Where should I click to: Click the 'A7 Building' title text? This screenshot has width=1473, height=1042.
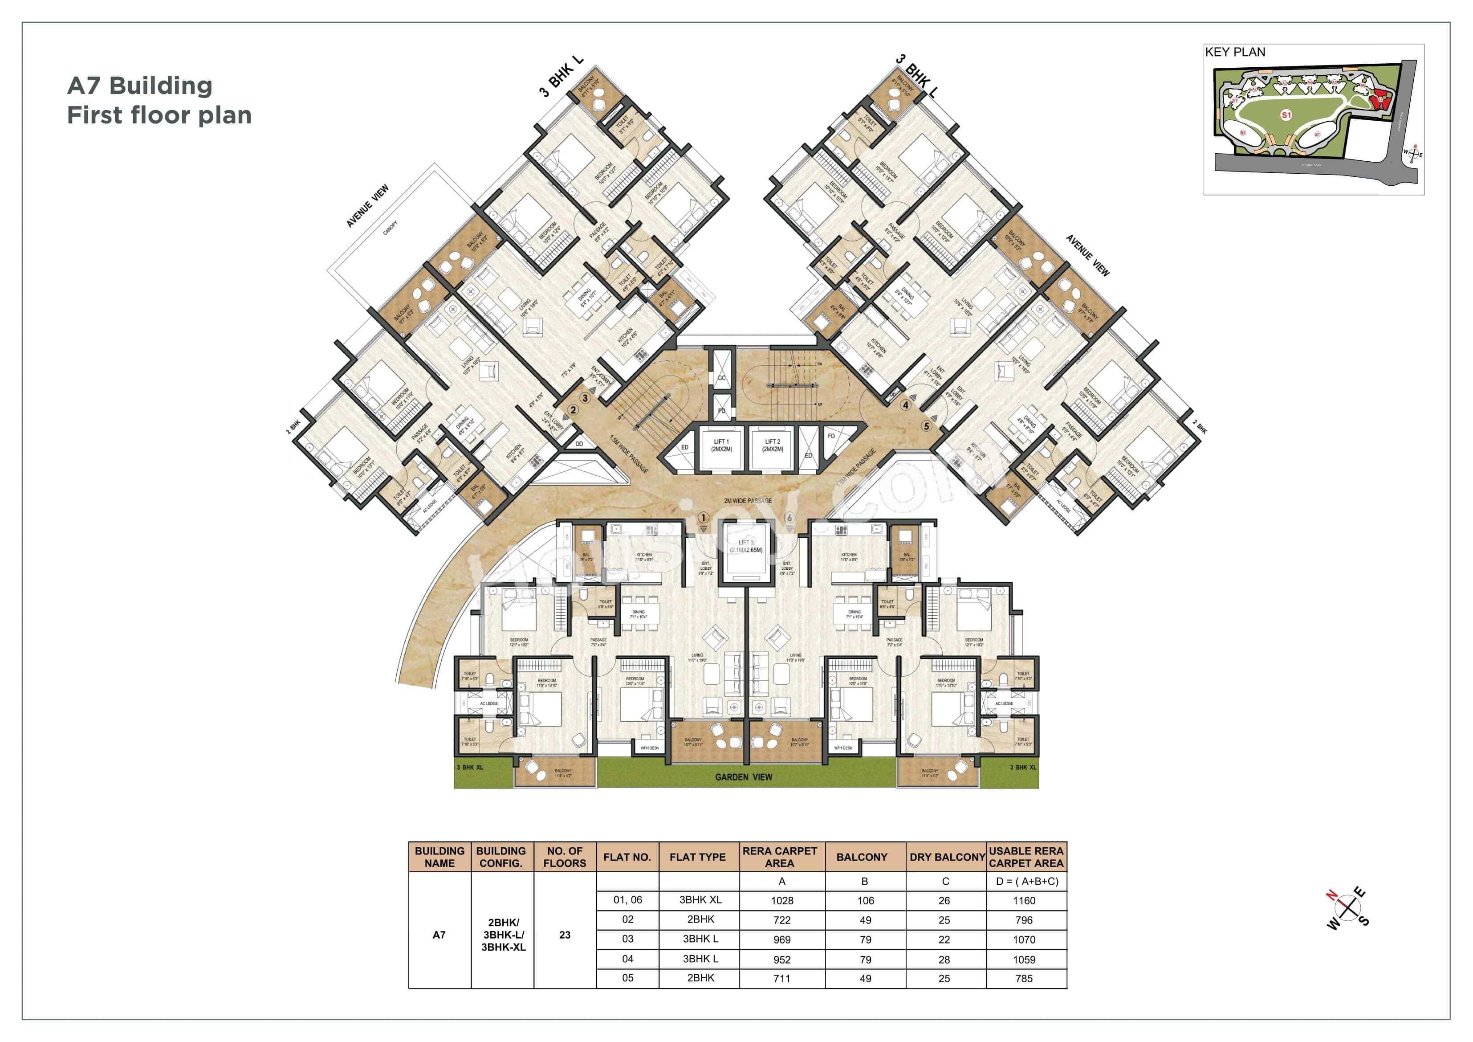[140, 86]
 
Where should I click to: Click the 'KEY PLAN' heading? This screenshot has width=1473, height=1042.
[1234, 52]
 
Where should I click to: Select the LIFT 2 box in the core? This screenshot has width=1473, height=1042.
[773, 445]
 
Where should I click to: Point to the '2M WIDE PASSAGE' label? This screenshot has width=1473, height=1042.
[747, 501]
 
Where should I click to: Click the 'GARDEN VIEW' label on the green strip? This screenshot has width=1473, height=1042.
[744, 777]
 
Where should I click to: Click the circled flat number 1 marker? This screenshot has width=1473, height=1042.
[703, 518]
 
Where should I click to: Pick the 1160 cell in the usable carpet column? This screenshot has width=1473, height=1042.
[1024, 901]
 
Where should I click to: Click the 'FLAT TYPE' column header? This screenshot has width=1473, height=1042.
[697, 857]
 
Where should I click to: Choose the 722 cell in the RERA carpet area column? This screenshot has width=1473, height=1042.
[781, 920]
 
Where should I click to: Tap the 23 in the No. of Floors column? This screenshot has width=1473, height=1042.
[565, 935]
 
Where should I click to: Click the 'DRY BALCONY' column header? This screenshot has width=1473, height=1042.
[946, 857]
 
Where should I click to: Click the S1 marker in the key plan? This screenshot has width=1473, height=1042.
[1286, 115]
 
